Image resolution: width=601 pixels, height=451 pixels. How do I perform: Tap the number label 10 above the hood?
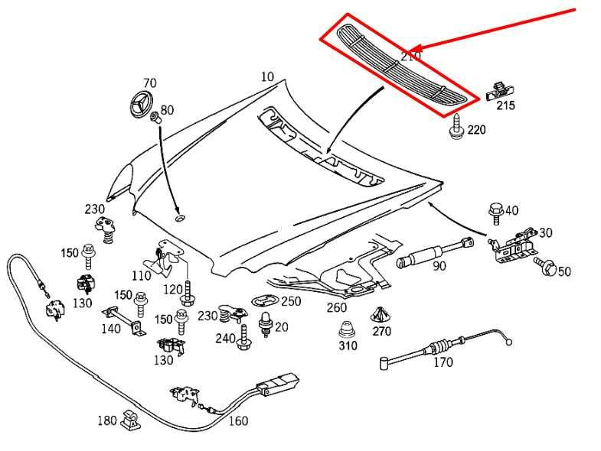266,76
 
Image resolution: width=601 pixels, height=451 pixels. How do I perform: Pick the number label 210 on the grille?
410,56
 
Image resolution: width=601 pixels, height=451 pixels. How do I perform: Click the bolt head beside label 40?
495,209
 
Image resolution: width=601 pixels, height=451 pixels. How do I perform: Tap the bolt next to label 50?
547,267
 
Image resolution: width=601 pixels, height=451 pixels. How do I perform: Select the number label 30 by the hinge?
545,233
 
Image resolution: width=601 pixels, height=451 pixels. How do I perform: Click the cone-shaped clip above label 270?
381,314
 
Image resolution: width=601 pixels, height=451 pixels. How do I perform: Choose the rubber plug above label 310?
347,331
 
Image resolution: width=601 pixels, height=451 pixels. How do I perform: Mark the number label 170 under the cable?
443,362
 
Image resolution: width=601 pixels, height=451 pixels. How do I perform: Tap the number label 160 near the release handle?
238,420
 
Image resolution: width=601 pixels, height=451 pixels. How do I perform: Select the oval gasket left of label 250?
265,300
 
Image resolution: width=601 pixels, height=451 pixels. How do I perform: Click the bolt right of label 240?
244,336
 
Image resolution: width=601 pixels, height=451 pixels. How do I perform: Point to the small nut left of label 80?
155,116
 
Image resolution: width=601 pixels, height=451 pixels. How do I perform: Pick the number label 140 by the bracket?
110,329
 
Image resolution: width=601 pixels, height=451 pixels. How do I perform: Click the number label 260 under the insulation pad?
337,308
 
